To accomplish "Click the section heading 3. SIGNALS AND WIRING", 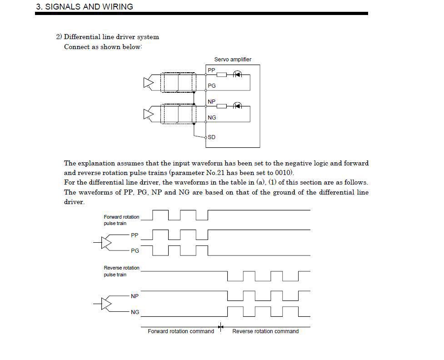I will (x=85, y=7).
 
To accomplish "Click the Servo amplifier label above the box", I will (x=233, y=60).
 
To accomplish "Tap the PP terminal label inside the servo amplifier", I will (x=211, y=70).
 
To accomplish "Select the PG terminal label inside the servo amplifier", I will (x=212, y=86).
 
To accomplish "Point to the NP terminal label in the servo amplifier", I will (x=211, y=102).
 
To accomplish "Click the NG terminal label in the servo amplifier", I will (x=212, y=118).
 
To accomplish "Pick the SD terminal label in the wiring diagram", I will (x=211, y=137).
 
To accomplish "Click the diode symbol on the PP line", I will (x=237, y=74).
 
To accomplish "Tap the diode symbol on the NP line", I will (x=237, y=106).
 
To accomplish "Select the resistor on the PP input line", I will (x=221, y=74).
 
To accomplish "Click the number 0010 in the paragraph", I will (x=284, y=173).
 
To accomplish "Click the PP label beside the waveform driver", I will (x=135, y=235).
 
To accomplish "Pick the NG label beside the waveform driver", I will (x=135, y=312).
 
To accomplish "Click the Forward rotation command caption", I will (x=181, y=331).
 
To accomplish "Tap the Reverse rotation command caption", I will (x=265, y=331).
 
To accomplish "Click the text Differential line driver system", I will (x=111, y=37).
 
